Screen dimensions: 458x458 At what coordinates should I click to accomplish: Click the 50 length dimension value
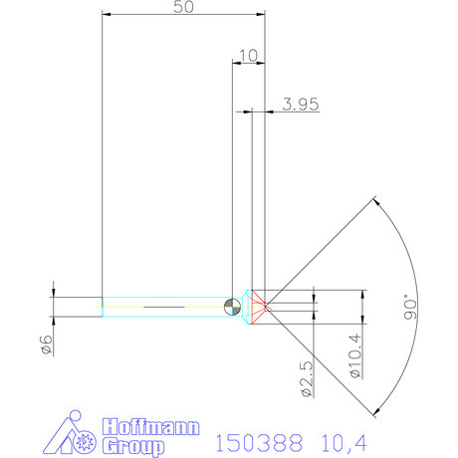[x=183, y=8]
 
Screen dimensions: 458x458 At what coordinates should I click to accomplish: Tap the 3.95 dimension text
[x=300, y=104]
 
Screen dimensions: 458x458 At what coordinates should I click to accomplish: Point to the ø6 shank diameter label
[x=45, y=343]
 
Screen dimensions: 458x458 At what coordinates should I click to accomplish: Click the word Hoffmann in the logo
[x=132, y=424]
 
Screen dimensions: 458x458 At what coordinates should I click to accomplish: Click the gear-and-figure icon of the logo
[x=75, y=434]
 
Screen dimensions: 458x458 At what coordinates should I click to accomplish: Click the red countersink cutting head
[x=259, y=306]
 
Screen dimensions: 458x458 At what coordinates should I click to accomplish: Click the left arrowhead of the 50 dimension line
[x=107, y=15]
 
